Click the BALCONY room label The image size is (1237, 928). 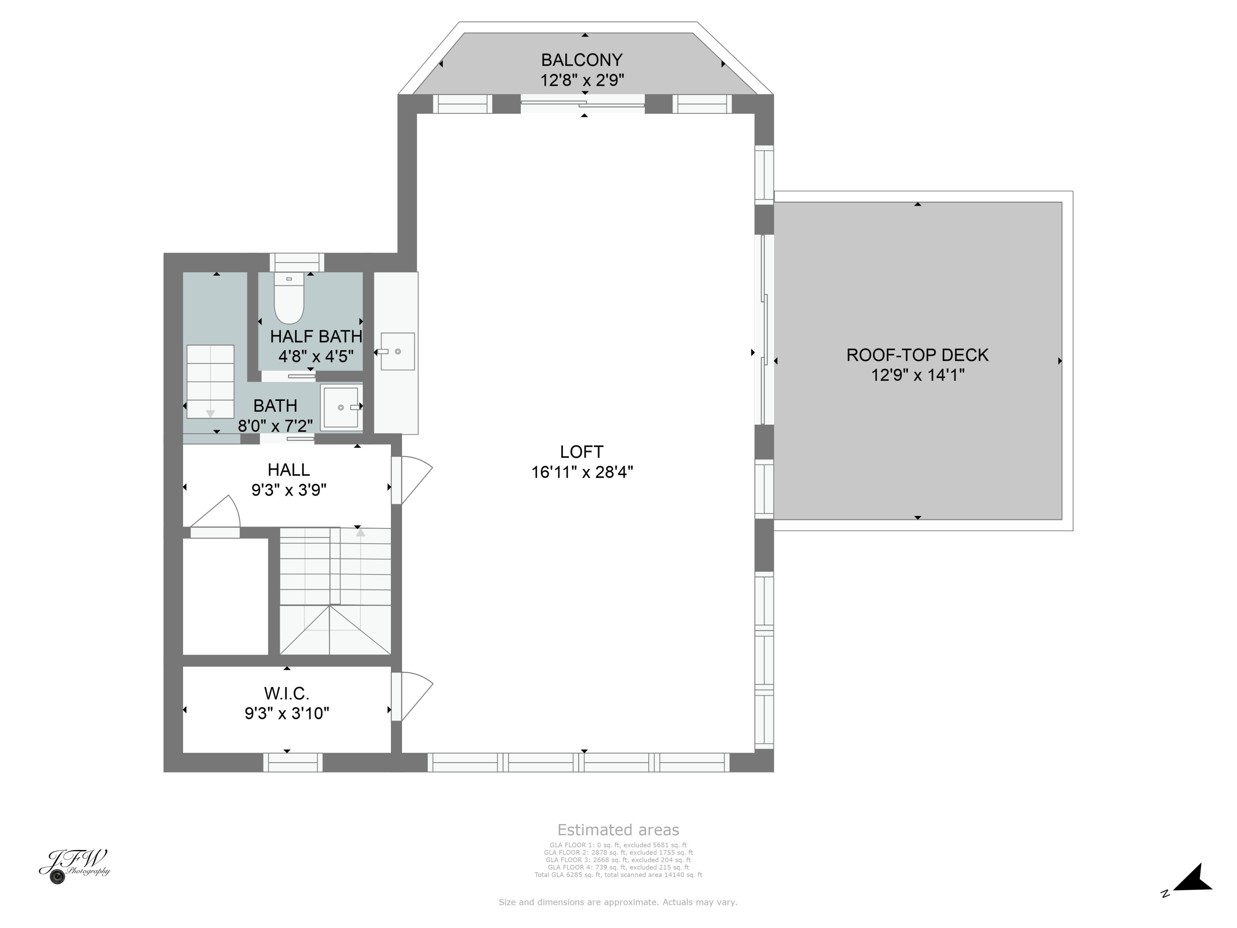581,60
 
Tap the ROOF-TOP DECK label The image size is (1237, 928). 917,355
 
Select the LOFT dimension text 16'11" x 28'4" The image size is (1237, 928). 581,472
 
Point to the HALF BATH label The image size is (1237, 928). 316,336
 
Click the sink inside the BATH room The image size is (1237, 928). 341,407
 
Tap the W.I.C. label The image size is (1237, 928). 286,694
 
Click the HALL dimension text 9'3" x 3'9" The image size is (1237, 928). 289,490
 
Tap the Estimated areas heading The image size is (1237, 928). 618,829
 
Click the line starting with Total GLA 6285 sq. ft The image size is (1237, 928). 618,875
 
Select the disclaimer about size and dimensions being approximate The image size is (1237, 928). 618,902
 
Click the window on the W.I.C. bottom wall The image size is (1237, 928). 293,763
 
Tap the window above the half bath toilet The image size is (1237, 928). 297,262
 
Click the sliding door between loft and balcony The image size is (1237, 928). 582,104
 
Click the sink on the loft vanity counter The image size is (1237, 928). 397,351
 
